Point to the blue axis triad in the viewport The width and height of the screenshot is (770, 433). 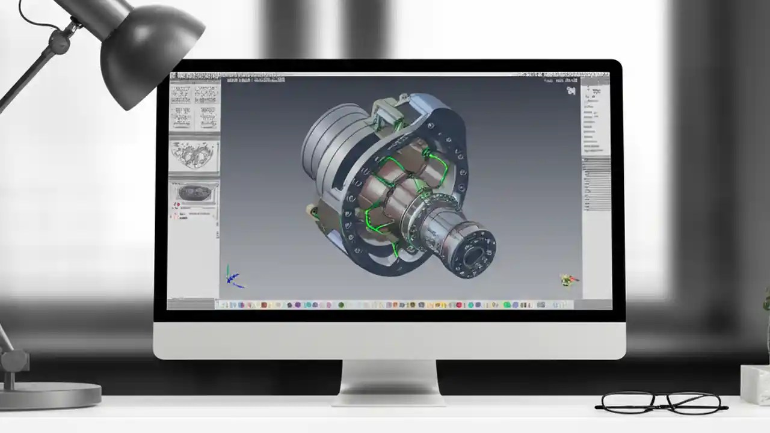[x=234, y=277]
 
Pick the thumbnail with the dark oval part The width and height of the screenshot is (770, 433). [x=194, y=192]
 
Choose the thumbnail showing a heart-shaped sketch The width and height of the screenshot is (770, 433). [x=194, y=156]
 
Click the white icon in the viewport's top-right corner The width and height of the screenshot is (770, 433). [x=571, y=91]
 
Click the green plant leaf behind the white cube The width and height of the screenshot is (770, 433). [x=766, y=301]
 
